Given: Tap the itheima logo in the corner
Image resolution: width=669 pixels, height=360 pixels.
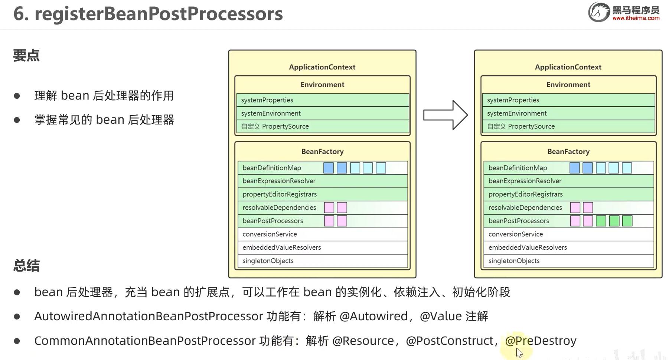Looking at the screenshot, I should [x=624, y=12].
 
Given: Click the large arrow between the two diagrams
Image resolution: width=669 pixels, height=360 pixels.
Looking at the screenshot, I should [x=446, y=115].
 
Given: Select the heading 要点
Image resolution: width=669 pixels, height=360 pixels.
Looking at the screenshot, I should [x=26, y=55].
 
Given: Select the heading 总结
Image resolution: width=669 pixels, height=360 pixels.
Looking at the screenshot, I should [x=26, y=266].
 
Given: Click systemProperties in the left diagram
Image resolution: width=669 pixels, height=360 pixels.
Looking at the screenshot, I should [x=267, y=100].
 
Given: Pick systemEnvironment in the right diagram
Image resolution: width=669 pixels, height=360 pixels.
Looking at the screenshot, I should [x=517, y=113].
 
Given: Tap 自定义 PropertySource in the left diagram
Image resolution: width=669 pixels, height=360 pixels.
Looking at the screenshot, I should [x=275, y=126].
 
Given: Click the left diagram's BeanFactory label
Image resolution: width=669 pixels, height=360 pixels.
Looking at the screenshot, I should [x=322, y=152].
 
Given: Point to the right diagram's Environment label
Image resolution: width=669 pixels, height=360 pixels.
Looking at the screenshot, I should [x=568, y=85].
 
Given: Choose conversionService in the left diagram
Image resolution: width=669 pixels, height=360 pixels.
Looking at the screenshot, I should [x=270, y=234].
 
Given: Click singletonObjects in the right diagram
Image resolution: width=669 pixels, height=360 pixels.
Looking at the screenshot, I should [x=514, y=261].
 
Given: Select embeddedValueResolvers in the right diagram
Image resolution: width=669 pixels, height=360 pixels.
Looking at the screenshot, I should [x=528, y=247].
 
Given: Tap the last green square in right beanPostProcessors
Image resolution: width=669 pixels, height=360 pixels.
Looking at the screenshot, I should [x=627, y=221].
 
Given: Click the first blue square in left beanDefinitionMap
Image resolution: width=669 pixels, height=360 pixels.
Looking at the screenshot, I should [x=329, y=168].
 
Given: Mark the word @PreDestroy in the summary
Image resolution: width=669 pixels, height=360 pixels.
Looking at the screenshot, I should [x=541, y=341].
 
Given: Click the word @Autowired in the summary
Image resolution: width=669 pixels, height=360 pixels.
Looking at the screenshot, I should [x=373, y=316].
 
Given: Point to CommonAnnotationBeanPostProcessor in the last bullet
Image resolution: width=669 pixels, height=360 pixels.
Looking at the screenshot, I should [x=145, y=341].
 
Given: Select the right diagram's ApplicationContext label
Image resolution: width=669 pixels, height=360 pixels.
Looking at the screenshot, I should [x=568, y=67].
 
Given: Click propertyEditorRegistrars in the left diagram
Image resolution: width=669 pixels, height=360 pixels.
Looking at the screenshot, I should [x=280, y=194].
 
